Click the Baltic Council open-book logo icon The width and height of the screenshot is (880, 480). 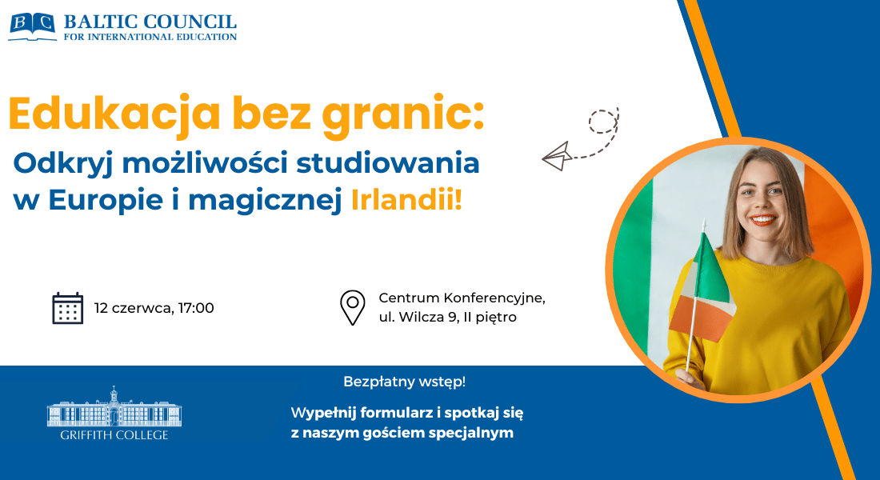33,26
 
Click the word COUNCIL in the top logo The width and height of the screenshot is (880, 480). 190,22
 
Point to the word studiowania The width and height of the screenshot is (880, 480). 388,163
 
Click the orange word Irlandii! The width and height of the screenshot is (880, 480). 407,200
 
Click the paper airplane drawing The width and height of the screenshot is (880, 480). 557,156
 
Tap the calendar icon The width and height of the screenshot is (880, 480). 67,308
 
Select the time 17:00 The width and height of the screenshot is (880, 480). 196,308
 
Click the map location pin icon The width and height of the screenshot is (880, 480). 353,308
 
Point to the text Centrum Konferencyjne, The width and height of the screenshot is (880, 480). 462,298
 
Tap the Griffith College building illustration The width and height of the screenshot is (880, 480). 114,406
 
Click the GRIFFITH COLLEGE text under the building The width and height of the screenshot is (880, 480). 114,435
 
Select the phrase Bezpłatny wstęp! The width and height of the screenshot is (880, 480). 405,382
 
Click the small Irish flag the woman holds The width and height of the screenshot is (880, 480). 702,288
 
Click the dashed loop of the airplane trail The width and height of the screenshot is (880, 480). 602,122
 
